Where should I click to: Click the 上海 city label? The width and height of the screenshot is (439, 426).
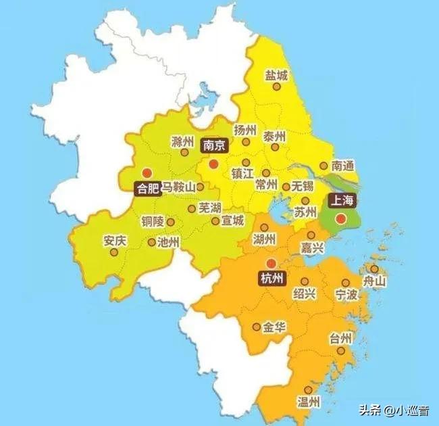(341, 200)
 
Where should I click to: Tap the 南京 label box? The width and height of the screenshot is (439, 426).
(214, 145)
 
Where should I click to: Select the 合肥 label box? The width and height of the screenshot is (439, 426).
(147, 189)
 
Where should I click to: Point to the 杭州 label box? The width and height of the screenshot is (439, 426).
(271, 278)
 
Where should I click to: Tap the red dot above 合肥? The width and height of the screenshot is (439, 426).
(147, 172)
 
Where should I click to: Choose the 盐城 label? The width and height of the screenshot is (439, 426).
(277, 75)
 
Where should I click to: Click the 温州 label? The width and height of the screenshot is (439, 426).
(308, 402)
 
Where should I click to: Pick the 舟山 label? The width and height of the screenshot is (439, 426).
(374, 282)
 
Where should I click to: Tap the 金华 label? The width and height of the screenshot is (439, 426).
(274, 327)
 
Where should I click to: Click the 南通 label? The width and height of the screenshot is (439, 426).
(344, 166)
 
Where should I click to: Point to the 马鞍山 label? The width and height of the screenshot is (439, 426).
(178, 187)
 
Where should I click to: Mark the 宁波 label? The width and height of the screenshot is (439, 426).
(346, 295)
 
